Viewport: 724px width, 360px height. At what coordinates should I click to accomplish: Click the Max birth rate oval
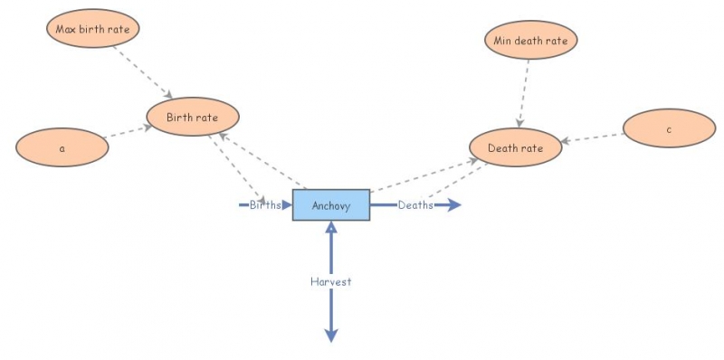[92, 29]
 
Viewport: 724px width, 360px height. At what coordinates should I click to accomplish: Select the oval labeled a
[62, 147]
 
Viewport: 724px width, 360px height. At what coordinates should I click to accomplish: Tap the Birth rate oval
[194, 117]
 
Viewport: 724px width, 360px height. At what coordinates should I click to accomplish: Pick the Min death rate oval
[530, 40]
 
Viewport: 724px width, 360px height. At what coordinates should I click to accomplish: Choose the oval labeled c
[669, 129]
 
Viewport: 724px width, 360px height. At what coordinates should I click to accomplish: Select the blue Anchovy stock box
[330, 205]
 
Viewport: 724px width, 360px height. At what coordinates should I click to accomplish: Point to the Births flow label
[265, 205]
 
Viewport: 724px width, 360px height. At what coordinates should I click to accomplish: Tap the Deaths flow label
[415, 205]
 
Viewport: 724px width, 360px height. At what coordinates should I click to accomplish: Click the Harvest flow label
[330, 281]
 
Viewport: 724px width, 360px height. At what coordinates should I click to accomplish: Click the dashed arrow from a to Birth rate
[127, 133]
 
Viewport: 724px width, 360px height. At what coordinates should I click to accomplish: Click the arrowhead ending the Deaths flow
[454, 205]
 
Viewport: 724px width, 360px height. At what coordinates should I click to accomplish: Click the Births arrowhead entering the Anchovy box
[287, 205]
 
